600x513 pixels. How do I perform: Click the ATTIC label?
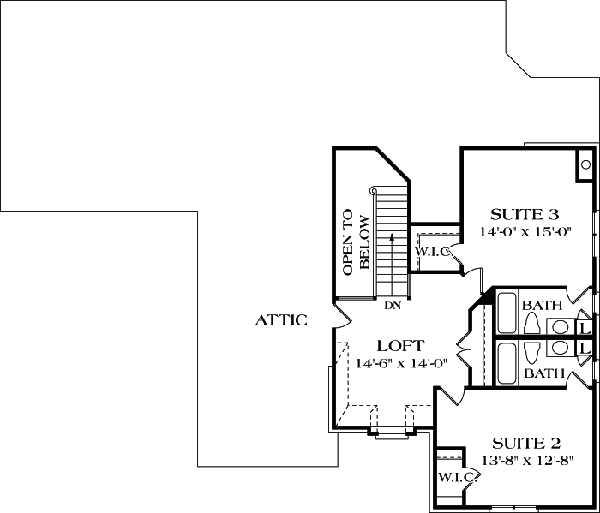(282, 320)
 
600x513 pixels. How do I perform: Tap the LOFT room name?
(401, 346)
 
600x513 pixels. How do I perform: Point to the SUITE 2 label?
(526, 443)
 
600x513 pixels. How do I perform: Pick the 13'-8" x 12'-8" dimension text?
(526, 460)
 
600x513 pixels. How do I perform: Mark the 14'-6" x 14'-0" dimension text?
(401, 363)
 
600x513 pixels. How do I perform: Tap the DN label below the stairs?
(393, 305)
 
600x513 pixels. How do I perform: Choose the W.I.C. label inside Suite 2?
(453, 476)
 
